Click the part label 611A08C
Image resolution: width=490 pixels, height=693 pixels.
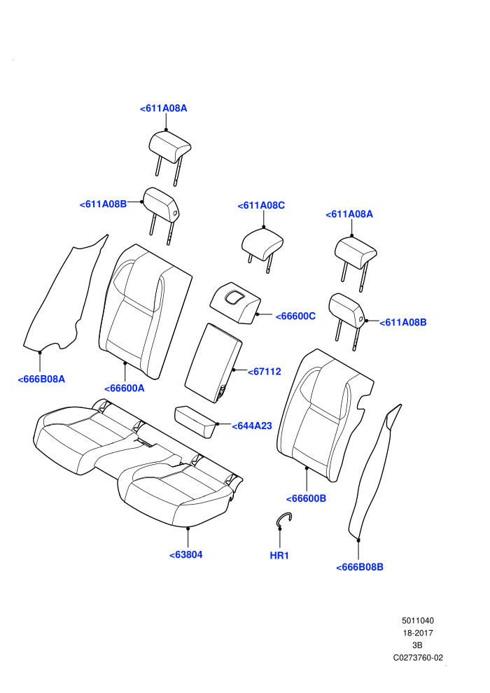coord(261,206)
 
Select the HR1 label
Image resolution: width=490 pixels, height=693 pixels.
coord(279,556)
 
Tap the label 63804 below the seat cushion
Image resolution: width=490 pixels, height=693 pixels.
coord(186,554)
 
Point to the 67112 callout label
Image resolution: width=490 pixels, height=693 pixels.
coord(264,372)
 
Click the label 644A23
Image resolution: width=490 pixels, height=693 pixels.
coord(252,426)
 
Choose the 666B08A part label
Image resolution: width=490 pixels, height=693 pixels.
coord(41,379)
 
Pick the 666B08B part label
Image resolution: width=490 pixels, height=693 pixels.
coord(360,567)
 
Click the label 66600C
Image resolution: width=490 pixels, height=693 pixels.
coord(295,316)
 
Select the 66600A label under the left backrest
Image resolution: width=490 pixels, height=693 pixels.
coord(125,388)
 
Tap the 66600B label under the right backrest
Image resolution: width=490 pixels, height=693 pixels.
coord(306,498)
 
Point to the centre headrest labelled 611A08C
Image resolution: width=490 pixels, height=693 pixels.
coord(262,244)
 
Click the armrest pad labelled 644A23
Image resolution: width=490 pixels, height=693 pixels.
coord(196,421)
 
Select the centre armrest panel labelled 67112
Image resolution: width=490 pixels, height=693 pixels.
coord(213,363)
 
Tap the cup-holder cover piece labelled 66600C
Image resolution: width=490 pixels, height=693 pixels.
coord(235,303)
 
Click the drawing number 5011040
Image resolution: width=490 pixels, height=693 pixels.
coord(417,620)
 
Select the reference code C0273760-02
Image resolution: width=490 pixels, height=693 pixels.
coord(418,657)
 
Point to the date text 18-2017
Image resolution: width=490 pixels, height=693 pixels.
coord(418,633)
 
